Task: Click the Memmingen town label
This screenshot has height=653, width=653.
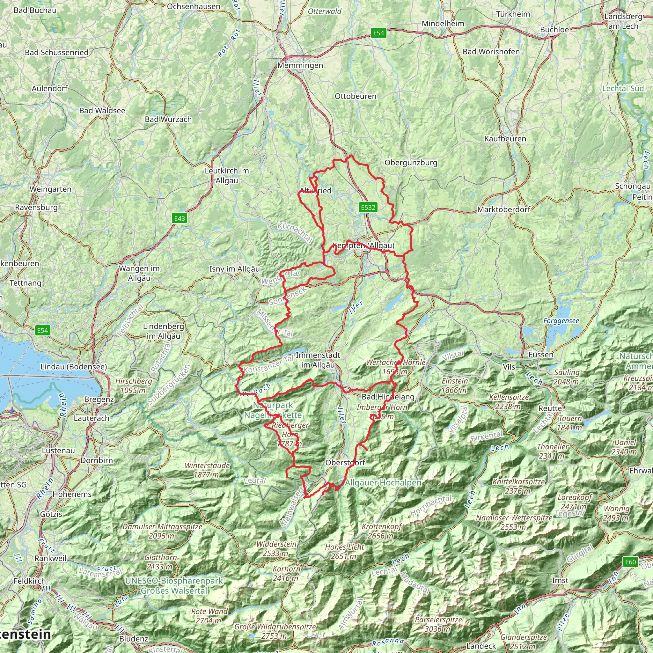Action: pos(300,65)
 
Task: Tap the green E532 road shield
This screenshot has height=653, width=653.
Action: pos(368,207)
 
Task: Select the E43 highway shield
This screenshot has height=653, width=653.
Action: pos(180,218)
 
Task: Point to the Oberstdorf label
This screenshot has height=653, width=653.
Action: pos(345,462)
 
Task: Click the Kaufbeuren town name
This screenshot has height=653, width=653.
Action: pos(505,139)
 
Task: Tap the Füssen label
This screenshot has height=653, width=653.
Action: pos(541,355)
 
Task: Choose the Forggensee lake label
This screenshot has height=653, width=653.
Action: pos(561,321)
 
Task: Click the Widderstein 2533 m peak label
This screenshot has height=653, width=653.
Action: pos(276,548)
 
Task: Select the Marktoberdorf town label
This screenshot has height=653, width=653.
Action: pos(503,209)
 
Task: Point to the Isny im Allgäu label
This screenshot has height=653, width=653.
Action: pos(235,269)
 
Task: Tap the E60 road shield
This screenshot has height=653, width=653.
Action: pos(630,562)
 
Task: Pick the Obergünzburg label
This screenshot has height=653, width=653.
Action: pos(411,163)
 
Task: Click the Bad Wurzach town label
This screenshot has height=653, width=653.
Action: pos(168,119)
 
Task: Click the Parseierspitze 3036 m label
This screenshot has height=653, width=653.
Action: pos(438,624)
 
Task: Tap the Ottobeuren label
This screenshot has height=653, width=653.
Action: pos(355,96)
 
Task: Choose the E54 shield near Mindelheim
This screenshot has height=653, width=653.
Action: pos(378,33)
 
